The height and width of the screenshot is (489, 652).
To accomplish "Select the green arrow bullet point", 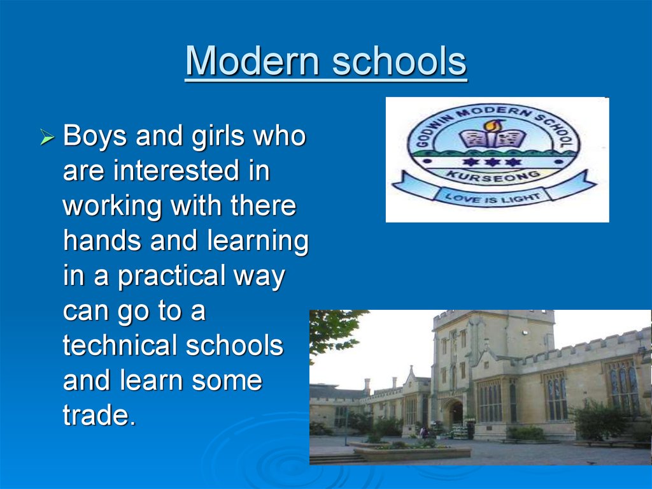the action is (47, 136).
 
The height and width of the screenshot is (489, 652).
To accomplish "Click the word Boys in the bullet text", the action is (94, 136).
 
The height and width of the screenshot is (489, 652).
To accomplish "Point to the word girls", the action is (218, 136).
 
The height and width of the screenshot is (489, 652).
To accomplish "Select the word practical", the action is (171, 277).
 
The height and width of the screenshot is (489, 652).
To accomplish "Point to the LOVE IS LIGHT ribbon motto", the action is (493, 198).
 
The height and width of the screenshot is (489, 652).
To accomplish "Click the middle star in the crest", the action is (492, 161).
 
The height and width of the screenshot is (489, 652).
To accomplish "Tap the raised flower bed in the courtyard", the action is (412, 453).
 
